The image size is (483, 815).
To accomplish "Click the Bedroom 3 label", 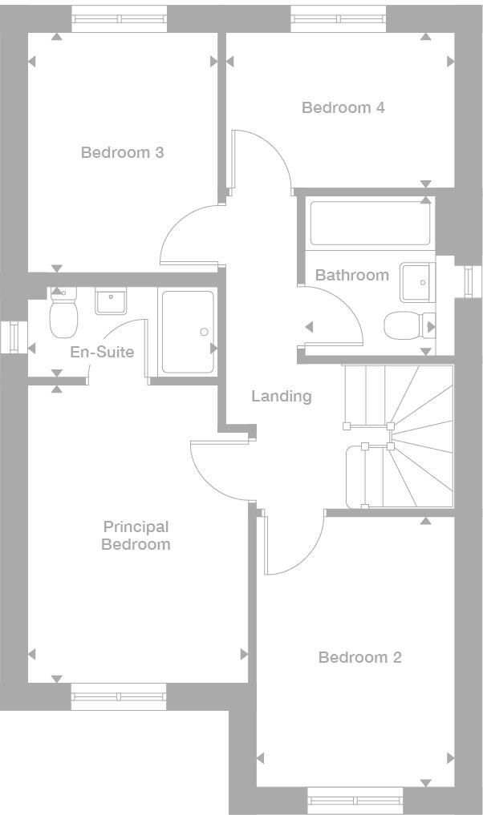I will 122,152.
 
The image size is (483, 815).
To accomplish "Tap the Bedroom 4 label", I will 343,107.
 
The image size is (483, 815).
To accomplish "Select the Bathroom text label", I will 351,275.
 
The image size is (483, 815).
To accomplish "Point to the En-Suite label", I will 102,352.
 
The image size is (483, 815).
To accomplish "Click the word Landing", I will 281,396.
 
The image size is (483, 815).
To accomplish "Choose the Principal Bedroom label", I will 136,535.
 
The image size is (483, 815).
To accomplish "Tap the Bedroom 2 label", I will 359,657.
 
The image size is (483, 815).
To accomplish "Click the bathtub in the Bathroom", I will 371,223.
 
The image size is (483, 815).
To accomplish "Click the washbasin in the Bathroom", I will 416,280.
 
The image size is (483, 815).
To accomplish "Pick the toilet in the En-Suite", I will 62,314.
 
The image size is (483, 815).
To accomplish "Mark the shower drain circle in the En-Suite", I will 204,332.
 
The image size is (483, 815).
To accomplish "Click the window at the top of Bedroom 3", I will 119,18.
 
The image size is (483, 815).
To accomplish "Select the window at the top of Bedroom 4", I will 338,18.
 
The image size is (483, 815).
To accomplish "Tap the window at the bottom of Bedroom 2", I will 355,800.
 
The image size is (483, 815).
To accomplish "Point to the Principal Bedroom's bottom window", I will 119,696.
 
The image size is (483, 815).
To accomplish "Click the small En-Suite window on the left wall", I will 13,337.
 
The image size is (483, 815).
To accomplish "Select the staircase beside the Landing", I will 399,437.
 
